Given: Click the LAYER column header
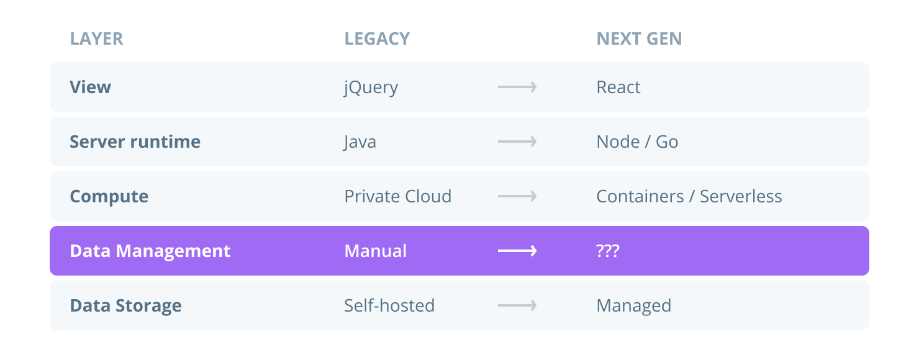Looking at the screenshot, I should click(x=96, y=38).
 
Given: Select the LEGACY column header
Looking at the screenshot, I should click(x=377, y=38).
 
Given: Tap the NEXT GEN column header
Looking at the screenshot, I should click(x=639, y=38).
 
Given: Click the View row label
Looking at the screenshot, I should click(x=90, y=87).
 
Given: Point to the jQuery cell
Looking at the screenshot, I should click(x=371, y=88).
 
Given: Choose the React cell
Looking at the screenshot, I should click(x=618, y=87).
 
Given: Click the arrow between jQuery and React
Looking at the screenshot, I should click(x=517, y=87).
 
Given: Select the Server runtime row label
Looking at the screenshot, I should click(x=135, y=142).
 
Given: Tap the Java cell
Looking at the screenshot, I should click(x=360, y=142).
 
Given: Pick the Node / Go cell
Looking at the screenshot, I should click(x=637, y=142).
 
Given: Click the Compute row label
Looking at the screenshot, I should click(x=109, y=196).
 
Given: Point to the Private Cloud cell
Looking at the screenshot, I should click(x=397, y=196).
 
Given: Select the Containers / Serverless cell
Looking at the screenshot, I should click(x=689, y=196).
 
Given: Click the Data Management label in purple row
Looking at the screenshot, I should click(x=150, y=251).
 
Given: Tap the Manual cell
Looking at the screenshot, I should click(x=375, y=251).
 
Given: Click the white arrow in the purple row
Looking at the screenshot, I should click(x=517, y=251).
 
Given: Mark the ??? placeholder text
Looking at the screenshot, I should click(x=608, y=251).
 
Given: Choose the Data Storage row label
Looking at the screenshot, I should click(x=125, y=305).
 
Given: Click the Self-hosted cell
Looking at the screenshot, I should click(x=389, y=305).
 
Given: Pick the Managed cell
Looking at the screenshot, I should click(x=633, y=305).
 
